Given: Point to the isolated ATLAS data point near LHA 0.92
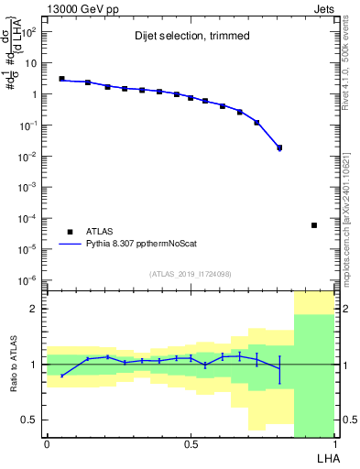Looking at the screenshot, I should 314,225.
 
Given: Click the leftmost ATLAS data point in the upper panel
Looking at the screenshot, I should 61,79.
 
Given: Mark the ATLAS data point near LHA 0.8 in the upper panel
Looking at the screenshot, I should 279,147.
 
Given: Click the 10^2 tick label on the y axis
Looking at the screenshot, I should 29,32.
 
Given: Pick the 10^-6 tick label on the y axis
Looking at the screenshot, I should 29,280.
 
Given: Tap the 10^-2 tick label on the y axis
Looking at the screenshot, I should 29,157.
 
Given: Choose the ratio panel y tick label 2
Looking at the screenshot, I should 33,309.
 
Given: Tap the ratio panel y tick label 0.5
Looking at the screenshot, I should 30,420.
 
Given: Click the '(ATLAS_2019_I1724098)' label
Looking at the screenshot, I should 190,274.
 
